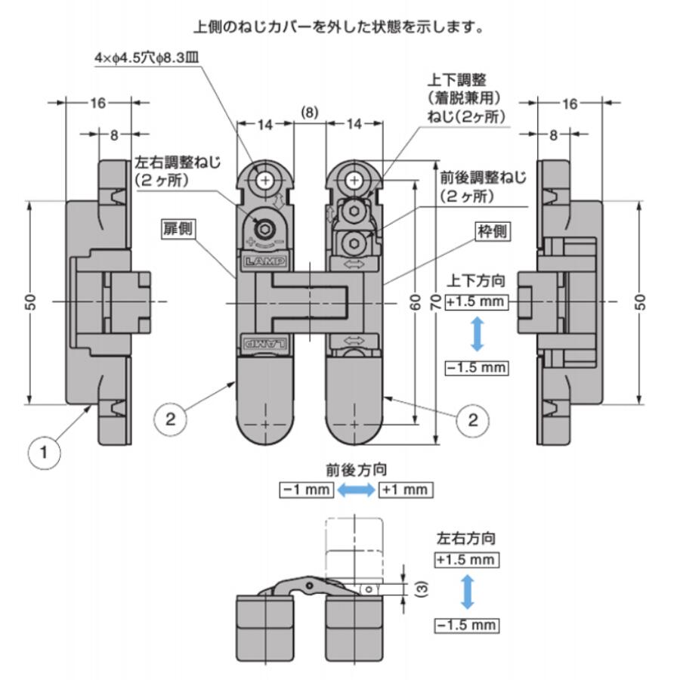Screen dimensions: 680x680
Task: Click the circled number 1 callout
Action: coord(45,453)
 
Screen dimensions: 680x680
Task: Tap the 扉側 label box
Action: coord(178,229)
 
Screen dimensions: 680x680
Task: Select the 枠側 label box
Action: coord(493,231)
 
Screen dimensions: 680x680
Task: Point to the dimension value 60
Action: coord(415,301)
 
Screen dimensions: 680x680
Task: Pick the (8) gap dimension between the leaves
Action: coord(309,113)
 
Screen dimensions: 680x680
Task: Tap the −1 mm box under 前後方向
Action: coord(307,490)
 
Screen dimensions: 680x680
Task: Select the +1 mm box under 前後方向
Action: coord(406,490)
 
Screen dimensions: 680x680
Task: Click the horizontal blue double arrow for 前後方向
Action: coord(356,490)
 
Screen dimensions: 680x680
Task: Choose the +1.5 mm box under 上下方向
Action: coord(476,301)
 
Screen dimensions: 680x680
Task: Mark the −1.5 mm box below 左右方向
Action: coord(467,626)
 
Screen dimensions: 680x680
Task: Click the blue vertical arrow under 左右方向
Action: coord(467,592)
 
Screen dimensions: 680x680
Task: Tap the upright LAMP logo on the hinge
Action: coord(265,261)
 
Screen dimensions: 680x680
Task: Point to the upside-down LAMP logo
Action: coord(265,344)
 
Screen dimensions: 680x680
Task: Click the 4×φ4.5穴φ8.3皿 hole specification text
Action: coord(147,58)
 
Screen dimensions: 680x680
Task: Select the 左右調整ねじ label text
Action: coord(178,162)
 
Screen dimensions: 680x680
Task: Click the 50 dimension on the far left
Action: coord(31,301)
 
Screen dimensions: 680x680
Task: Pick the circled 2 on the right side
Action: coord(473,420)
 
